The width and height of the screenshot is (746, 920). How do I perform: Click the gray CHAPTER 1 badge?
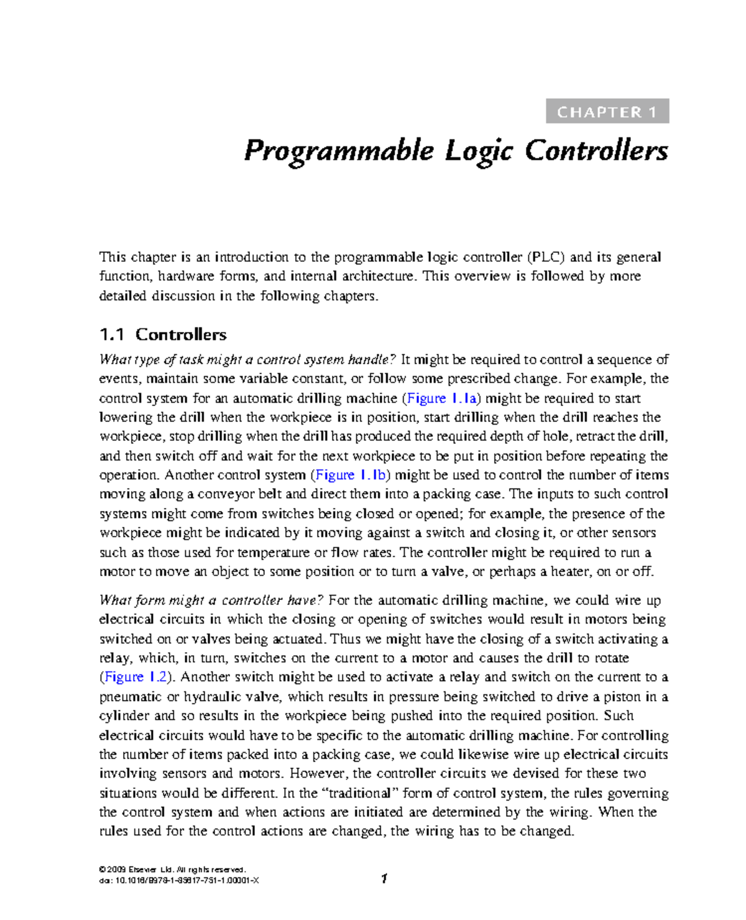point(607,112)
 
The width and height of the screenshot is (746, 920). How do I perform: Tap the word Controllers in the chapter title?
point(596,151)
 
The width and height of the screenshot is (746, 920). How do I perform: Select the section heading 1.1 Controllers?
point(163,335)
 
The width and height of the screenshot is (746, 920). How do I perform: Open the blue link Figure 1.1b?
point(352,476)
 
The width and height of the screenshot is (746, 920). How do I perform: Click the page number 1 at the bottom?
point(384,878)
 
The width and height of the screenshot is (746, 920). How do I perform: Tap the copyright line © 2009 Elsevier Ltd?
point(172,870)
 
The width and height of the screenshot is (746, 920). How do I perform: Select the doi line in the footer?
point(179,880)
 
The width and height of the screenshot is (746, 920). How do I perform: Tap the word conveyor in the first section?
point(224,495)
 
